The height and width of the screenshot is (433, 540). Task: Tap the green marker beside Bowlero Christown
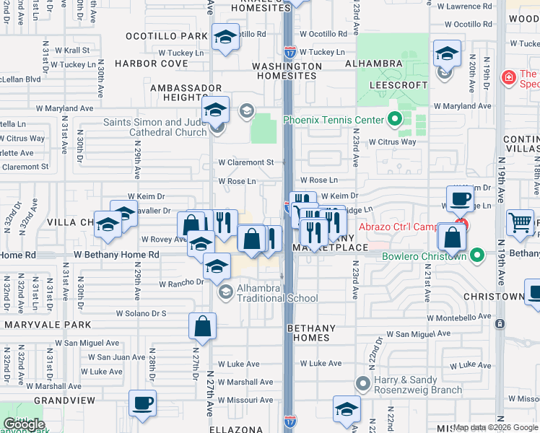click(476, 255)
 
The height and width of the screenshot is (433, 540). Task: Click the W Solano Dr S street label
click(141, 314)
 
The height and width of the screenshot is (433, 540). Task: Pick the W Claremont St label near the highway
click(245, 162)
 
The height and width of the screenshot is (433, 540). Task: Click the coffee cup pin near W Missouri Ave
click(142, 403)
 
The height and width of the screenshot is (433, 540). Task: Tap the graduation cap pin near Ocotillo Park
click(226, 38)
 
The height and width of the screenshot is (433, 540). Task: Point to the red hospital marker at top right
click(508, 76)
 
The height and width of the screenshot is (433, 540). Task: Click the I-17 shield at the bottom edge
click(289, 419)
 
